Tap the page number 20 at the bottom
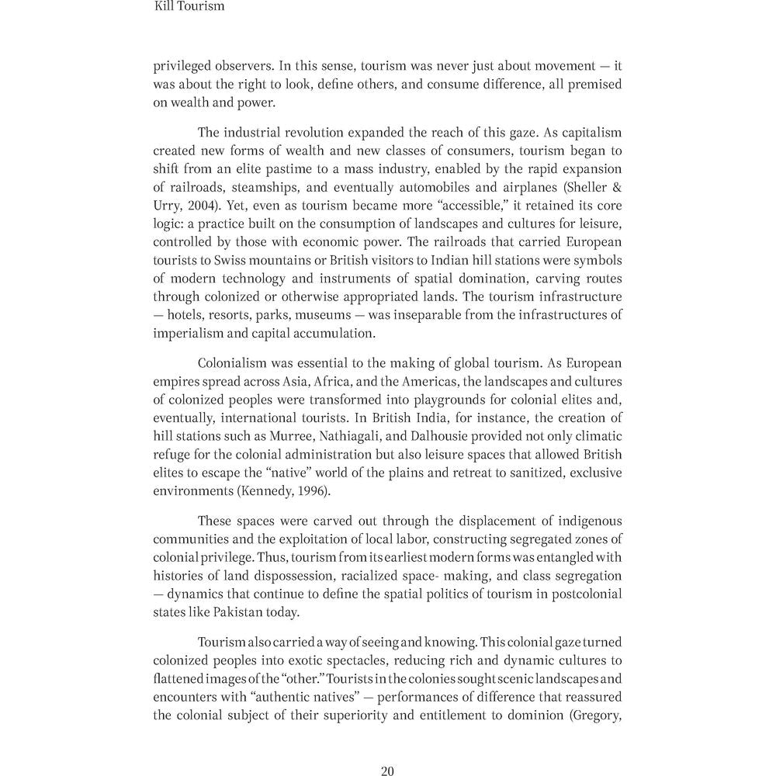pos(388,771)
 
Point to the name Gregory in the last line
pos(596,715)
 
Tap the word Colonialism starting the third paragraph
pos(234,363)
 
